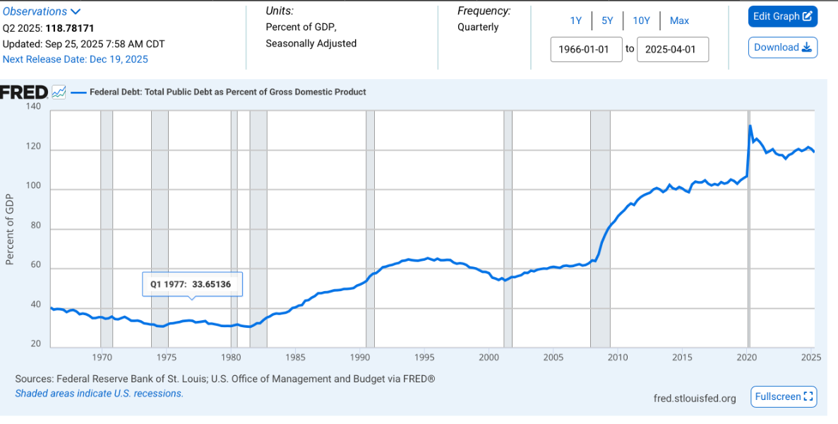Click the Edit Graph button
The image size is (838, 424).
[x=782, y=16]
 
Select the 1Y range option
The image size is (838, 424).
[x=576, y=20]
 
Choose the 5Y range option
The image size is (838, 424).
[x=608, y=20]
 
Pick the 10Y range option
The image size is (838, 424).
[x=641, y=20]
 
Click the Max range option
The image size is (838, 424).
[x=679, y=20]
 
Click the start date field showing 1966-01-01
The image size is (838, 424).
[x=586, y=49]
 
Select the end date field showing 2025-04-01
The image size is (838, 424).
[x=672, y=49]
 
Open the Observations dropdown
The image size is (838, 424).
[x=42, y=11]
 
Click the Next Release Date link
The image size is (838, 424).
[x=76, y=59]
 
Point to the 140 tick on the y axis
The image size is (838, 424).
[x=34, y=106]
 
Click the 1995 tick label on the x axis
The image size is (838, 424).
[x=425, y=357]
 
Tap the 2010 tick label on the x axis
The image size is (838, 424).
[x=618, y=357]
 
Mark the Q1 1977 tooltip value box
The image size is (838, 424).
[x=192, y=283]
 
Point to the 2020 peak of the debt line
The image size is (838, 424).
[x=750, y=126]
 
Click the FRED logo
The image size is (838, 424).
[x=24, y=92]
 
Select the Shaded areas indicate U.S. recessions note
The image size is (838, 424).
[x=99, y=394]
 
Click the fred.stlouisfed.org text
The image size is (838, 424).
[x=695, y=398]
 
